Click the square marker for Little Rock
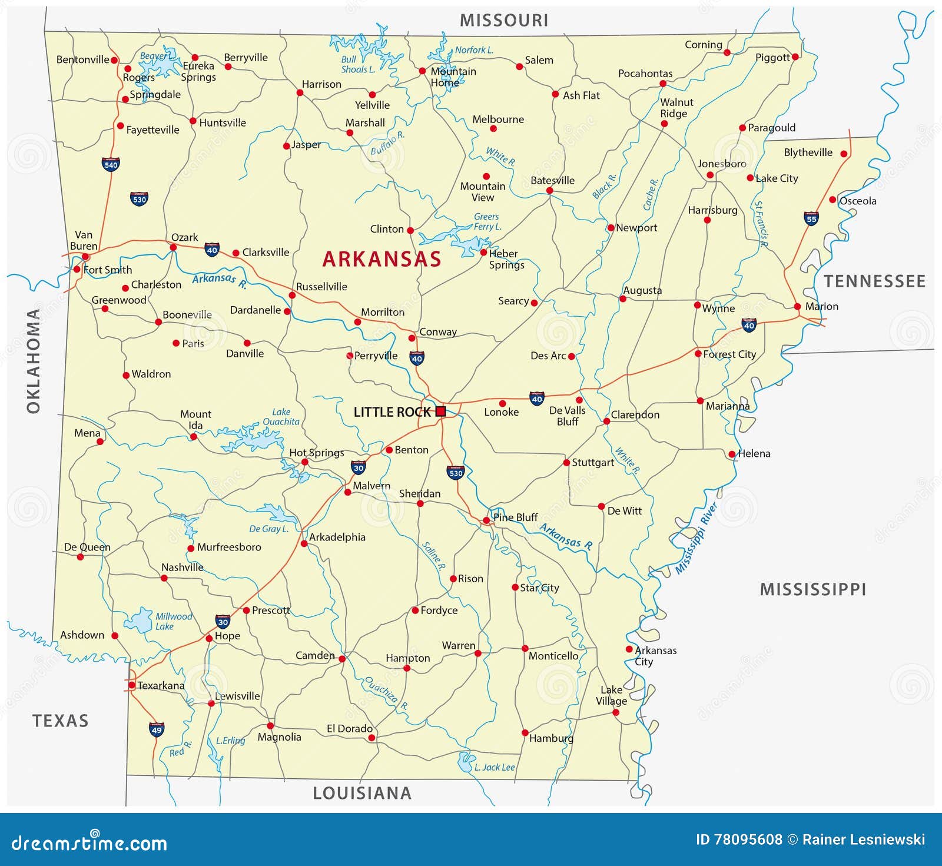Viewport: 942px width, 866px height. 440,412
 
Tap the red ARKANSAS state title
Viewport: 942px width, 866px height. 382,259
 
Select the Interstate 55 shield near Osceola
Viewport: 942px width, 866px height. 811,218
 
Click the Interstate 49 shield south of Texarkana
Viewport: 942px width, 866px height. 156,729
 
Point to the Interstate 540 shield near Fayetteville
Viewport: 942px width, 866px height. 111,164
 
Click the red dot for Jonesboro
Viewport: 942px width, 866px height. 710,175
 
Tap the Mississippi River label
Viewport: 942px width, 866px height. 696,538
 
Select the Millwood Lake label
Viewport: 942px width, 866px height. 173,621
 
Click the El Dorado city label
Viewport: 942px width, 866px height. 350,728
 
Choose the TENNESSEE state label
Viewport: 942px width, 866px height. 874,281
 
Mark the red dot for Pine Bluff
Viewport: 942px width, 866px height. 486,520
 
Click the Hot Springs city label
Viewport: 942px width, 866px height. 316,452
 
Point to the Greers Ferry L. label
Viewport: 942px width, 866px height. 487,221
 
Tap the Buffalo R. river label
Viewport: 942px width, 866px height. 387,143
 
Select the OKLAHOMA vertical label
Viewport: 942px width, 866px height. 34,360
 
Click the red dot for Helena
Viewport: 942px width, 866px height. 732,454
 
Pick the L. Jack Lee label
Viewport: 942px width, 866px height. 495,767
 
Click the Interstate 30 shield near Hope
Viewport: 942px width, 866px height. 223,621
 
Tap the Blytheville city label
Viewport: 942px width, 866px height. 808,152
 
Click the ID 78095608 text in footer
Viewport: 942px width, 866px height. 739,840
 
